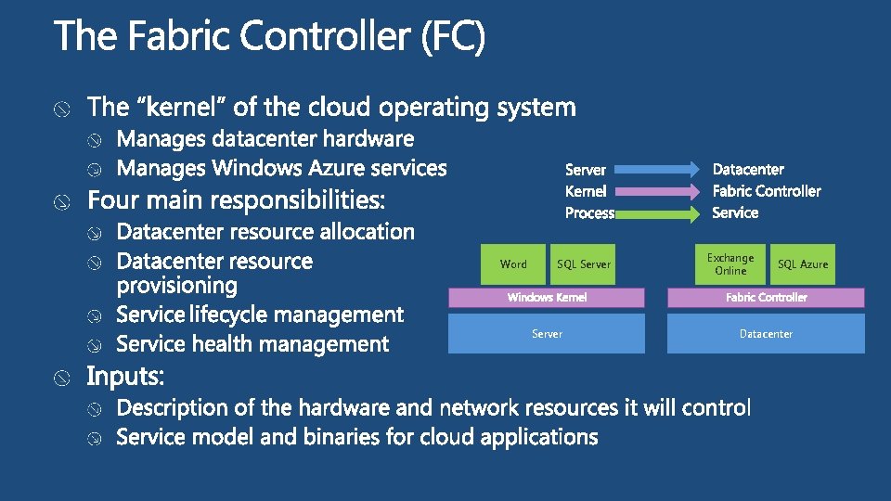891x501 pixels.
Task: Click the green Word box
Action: click(x=513, y=264)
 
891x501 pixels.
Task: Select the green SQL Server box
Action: click(x=584, y=264)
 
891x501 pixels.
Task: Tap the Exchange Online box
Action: click(x=730, y=264)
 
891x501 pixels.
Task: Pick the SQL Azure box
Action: click(x=803, y=264)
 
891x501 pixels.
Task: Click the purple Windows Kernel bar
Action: click(x=547, y=297)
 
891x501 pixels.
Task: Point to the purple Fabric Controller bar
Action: click(x=767, y=297)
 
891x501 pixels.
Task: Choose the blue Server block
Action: click(x=547, y=334)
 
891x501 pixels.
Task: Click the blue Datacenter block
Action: click(x=766, y=334)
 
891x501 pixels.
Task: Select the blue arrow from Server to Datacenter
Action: click(x=658, y=169)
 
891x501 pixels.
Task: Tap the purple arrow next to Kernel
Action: click(x=658, y=191)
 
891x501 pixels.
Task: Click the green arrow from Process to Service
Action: click(x=658, y=212)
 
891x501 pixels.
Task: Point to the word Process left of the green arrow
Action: click(x=589, y=213)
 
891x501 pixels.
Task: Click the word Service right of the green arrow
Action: click(x=735, y=212)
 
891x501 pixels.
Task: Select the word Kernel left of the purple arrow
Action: click(x=586, y=191)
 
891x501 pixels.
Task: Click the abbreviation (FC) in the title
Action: click(x=452, y=39)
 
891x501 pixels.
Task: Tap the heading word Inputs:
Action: click(x=126, y=377)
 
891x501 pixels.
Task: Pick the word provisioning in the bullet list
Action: click(x=177, y=286)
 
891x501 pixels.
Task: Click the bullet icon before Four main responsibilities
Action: click(x=60, y=202)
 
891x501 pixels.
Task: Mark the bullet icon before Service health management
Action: click(x=95, y=346)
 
